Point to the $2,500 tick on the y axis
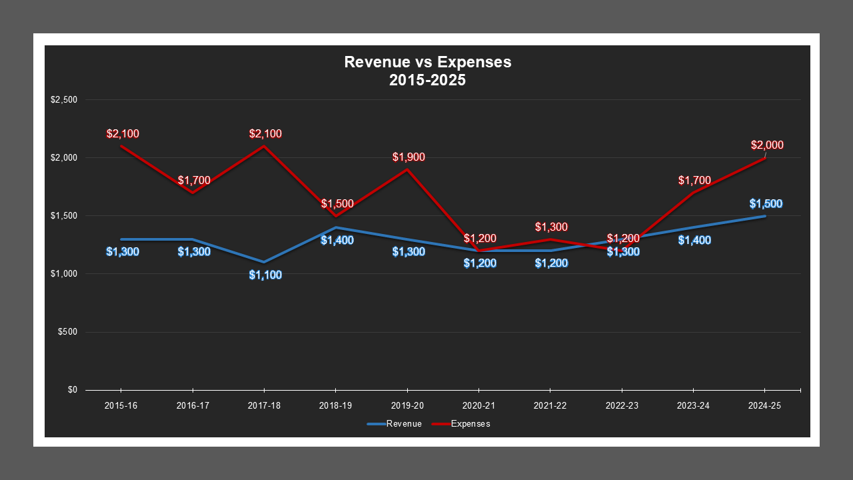[x=64, y=100]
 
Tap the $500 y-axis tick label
[x=67, y=332]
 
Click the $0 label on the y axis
[x=72, y=390]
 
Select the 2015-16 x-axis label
[x=121, y=405]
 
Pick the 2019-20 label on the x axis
[x=407, y=405]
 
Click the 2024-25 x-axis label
[x=764, y=405]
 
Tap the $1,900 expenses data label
[x=408, y=157]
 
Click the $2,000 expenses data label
[x=767, y=145]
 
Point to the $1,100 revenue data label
[x=265, y=275]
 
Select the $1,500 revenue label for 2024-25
[x=766, y=204]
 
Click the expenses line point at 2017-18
[x=264, y=146]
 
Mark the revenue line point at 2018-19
[x=335, y=227]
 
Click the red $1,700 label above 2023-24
[x=694, y=180]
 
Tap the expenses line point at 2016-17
[x=193, y=193]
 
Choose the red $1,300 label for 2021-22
[x=551, y=227]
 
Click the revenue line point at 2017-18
[x=264, y=262]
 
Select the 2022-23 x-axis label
[x=622, y=405]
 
